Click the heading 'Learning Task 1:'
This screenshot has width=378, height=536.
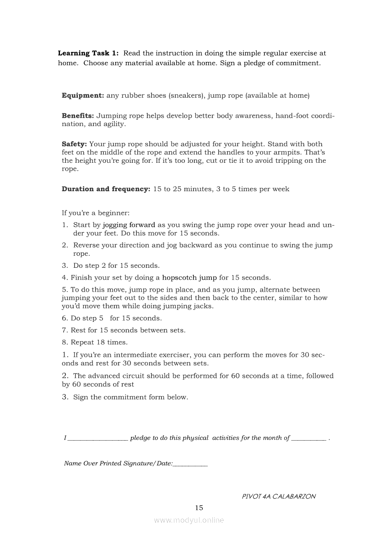click(88, 53)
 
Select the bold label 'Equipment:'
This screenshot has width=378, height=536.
click(83, 95)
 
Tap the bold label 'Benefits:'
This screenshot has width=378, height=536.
click(78, 116)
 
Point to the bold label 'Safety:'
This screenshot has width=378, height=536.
click(74, 144)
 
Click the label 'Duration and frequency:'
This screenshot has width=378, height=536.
click(106, 189)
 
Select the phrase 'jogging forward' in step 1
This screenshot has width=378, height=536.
click(129, 225)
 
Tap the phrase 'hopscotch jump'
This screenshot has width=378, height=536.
click(189, 277)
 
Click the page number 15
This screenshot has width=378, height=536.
click(199, 508)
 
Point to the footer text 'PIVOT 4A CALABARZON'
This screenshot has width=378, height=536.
click(278, 496)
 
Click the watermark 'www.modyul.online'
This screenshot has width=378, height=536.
click(189, 520)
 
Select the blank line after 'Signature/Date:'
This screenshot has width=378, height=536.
click(190, 464)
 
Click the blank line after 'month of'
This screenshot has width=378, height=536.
click(308, 439)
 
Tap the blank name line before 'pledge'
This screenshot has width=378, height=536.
click(97, 439)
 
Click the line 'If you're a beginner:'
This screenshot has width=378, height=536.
click(96, 213)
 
